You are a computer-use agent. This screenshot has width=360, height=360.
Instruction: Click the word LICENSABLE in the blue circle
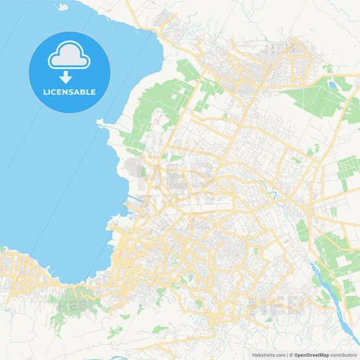69,91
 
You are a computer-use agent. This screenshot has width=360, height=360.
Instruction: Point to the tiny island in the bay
62,7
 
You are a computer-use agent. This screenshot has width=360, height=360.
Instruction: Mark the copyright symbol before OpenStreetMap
291,354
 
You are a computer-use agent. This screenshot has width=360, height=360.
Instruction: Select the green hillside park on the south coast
76,297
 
